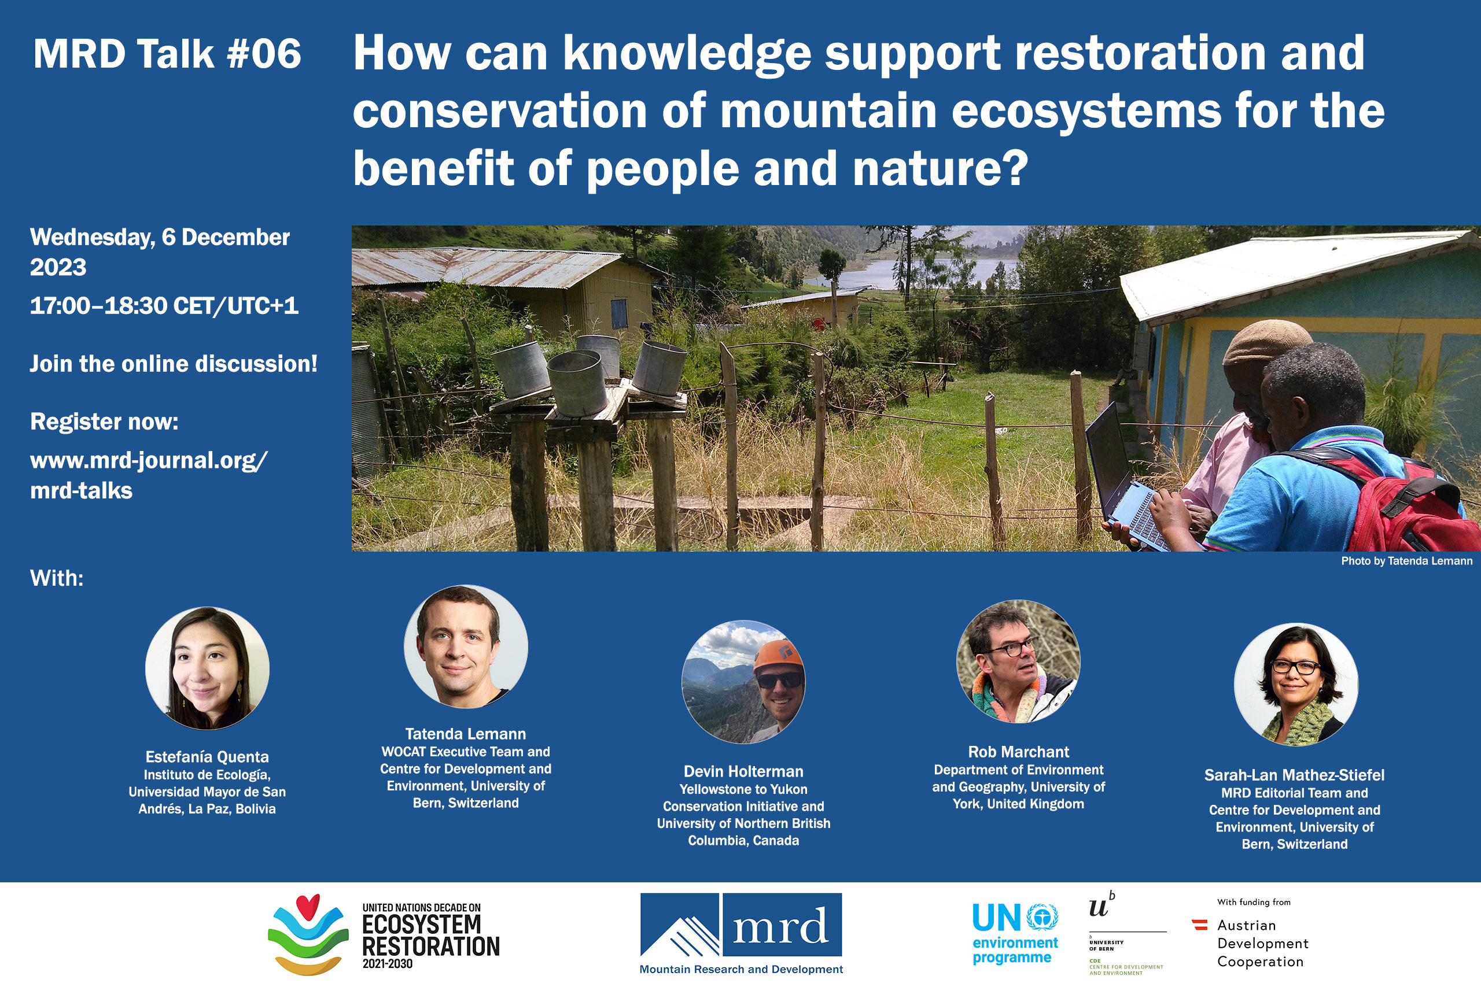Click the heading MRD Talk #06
pyautogui.click(x=167, y=54)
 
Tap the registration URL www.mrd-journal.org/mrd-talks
pyautogui.click(x=149, y=475)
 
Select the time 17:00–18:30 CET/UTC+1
pyautogui.click(x=164, y=306)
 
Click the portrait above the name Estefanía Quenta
pyautogui.click(x=207, y=668)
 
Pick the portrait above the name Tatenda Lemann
pyautogui.click(x=466, y=646)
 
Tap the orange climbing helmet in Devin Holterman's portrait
pyautogui.click(x=779, y=656)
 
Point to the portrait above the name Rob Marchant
pyautogui.click(x=1018, y=661)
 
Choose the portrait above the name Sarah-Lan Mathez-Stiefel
pyautogui.click(x=1296, y=685)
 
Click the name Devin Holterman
pyautogui.click(x=743, y=771)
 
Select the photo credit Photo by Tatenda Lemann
pyautogui.click(x=1407, y=561)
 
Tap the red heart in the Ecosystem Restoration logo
pyautogui.click(x=308, y=907)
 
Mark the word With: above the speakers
pyautogui.click(x=57, y=578)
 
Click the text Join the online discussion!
pyautogui.click(x=174, y=364)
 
